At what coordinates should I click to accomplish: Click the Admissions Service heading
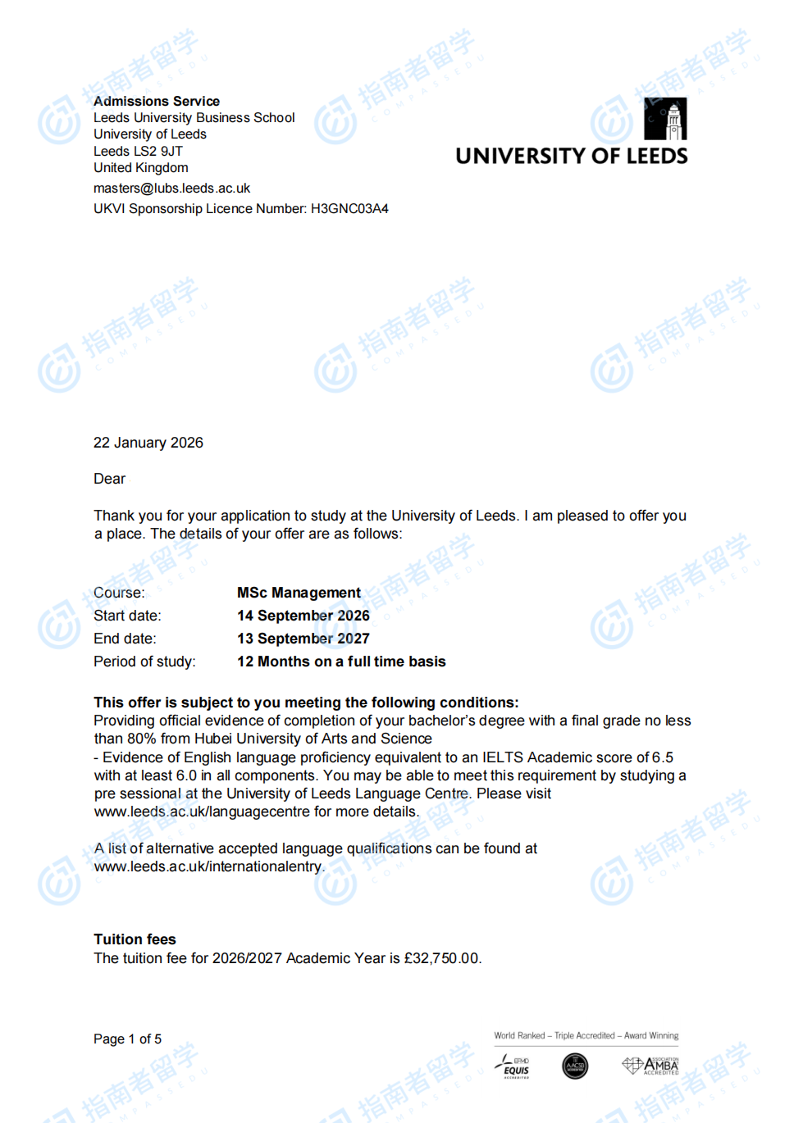(x=156, y=101)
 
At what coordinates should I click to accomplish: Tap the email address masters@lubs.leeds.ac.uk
(x=171, y=188)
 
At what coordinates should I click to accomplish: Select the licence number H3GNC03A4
(x=349, y=208)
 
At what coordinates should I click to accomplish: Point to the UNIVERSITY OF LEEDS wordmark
(x=571, y=156)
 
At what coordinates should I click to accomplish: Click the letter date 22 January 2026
(x=148, y=443)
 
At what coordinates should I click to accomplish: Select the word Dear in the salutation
(x=109, y=479)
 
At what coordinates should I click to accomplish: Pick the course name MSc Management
(x=299, y=593)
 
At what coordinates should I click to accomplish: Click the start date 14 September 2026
(x=303, y=616)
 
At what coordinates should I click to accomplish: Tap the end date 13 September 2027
(x=303, y=639)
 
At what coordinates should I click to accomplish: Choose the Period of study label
(x=144, y=662)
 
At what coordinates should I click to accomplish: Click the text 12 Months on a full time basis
(x=341, y=662)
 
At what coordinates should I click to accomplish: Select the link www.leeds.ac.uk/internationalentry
(x=208, y=866)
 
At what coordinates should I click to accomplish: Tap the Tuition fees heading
(x=135, y=939)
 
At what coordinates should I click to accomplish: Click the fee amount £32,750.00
(x=441, y=958)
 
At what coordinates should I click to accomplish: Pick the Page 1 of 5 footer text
(x=127, y=1039)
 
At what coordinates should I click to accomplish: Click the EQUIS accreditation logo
(x=514, y=1066)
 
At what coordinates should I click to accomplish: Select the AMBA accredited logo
(x=650, y=1066)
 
